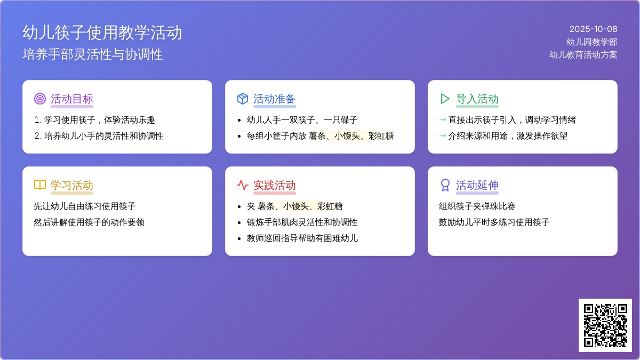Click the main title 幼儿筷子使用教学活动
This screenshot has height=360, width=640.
tap(102, 33)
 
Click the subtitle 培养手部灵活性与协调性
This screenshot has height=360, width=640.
tap(93, 54)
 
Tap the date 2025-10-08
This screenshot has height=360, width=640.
tap(593, 29)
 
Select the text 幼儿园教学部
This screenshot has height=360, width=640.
tap(591, 42)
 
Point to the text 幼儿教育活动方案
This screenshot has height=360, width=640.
tap(583, 54)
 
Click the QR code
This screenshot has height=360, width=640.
tap(605, 325)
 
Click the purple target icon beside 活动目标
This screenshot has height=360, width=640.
tap(40, 99)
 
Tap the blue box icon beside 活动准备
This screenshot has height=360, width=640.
tap(243, 99)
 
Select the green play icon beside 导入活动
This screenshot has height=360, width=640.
tap(445, 99)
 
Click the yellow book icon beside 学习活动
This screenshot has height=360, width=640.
tap(40, 185)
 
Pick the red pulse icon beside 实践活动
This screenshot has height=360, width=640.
tap(243, 185)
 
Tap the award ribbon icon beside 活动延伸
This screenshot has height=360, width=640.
tap(445, 185)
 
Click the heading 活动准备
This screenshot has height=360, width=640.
tap(274, 99)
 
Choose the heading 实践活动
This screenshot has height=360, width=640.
tap(274, 185)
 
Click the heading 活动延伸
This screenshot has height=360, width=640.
tap(477, 185)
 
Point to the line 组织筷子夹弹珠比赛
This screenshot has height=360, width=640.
tap(477, 206)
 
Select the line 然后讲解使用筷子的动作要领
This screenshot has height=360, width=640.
tap(89, 222)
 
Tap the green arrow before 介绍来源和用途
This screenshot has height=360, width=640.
tap(442, 135)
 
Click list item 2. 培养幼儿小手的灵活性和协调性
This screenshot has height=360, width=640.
tap(99, 135)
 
